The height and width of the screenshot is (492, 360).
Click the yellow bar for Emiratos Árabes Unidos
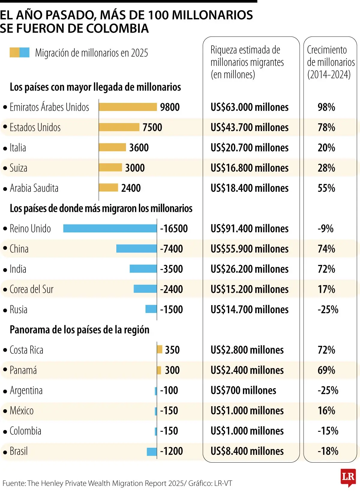tap(128, 107)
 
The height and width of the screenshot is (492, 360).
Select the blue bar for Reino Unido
tap(110, 229)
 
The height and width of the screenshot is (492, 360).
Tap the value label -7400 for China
tap(171, 249)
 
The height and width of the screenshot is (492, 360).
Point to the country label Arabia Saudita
tap(34, 188)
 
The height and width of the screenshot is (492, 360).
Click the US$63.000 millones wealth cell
tap(249, 107)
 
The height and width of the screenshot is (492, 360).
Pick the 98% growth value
tap(326, 107)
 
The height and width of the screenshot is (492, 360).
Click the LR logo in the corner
tap(348, 477)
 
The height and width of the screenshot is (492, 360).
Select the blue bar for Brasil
tap(152, 451)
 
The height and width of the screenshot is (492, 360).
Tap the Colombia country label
tap(25, 431)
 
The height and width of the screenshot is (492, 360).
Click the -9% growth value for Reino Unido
tap(325, 229)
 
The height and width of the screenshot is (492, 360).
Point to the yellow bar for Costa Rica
tap(160, 349)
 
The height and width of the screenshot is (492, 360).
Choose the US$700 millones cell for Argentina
tap(243, 391)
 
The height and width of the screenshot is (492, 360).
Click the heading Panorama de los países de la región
tap(79, 330)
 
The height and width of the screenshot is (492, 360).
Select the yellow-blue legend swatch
tap(19, 52)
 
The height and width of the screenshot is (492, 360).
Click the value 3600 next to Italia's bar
tap(139, 148)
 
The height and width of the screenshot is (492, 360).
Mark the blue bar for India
tap(143, 269)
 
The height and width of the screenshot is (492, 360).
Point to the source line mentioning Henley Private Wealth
tap(117, 483)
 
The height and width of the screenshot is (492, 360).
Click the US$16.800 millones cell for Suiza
tap(249, 168)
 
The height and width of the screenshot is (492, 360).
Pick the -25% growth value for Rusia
tap(328, 310)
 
